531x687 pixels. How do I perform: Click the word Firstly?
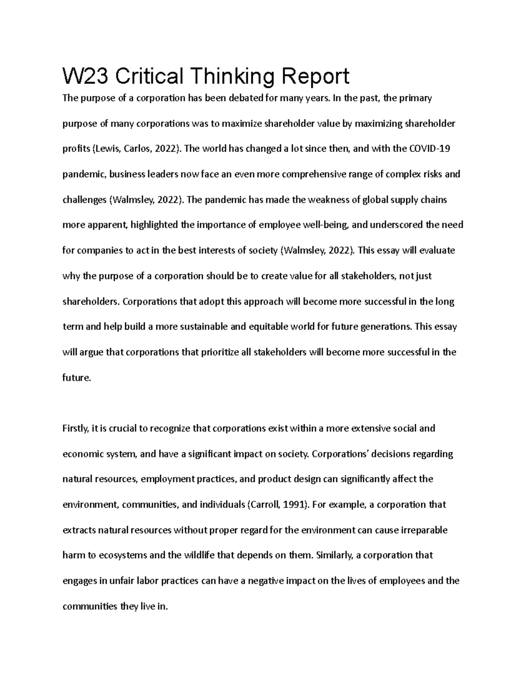pyautogui.click(x=76, y=428)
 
